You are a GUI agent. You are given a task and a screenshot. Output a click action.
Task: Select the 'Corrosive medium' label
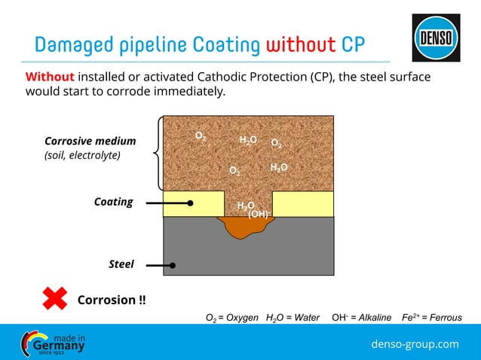(90, 141)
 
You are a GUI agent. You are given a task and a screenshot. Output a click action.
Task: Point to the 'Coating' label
(113, 202)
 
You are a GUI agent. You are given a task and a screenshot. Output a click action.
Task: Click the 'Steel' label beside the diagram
(121, 264)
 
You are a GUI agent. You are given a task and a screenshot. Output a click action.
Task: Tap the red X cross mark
(54, 298)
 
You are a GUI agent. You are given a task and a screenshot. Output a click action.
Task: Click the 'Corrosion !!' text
(112, 300)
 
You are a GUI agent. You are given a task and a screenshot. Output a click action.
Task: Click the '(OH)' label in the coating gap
(259, 214)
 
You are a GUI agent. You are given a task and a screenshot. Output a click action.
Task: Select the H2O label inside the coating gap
(246, 206)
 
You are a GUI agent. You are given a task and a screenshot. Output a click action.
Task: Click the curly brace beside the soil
(158, 154)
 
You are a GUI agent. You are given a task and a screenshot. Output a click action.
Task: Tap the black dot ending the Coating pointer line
(190, 203)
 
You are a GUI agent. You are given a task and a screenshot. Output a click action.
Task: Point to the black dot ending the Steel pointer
(173, 265)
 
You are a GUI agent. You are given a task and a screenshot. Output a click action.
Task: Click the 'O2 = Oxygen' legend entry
(232, 318)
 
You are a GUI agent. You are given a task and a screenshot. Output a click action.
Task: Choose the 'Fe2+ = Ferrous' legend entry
(431, 318)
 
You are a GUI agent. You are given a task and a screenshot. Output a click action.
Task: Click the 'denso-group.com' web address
(415, 344)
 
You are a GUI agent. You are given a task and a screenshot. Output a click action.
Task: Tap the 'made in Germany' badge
(53, 343)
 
